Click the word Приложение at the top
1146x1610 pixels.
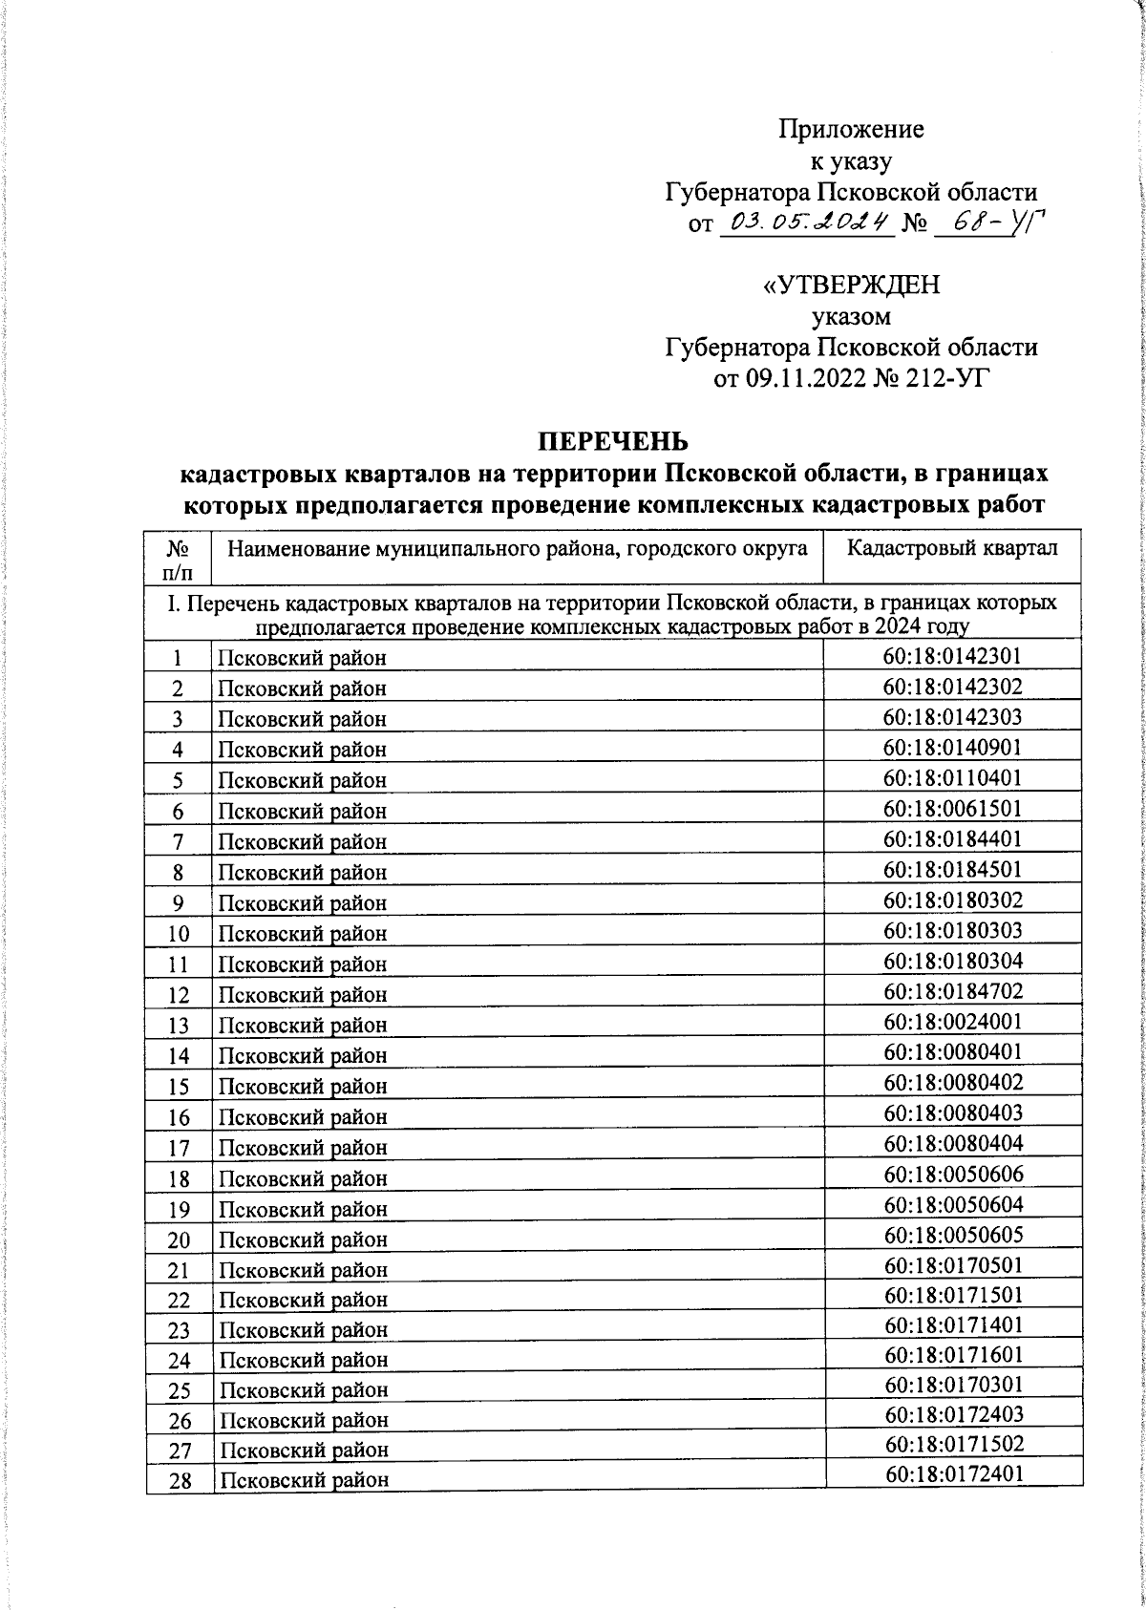click(851, 128)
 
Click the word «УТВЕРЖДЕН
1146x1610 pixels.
click(851, 286)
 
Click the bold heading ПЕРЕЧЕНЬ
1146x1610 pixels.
click(612, 442)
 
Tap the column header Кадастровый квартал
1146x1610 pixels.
click(952, 548)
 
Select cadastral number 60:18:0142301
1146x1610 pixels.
click(952, 655)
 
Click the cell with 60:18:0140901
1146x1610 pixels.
click(952, 747)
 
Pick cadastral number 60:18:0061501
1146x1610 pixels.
click(952, 808)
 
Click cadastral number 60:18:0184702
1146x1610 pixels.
click(952, 991)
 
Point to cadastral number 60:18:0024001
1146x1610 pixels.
click(952, 1022)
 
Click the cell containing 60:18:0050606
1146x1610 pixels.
click(953, 1175)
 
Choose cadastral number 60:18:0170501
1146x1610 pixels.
click(953, 1266)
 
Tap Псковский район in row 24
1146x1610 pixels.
click(303, 1360)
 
